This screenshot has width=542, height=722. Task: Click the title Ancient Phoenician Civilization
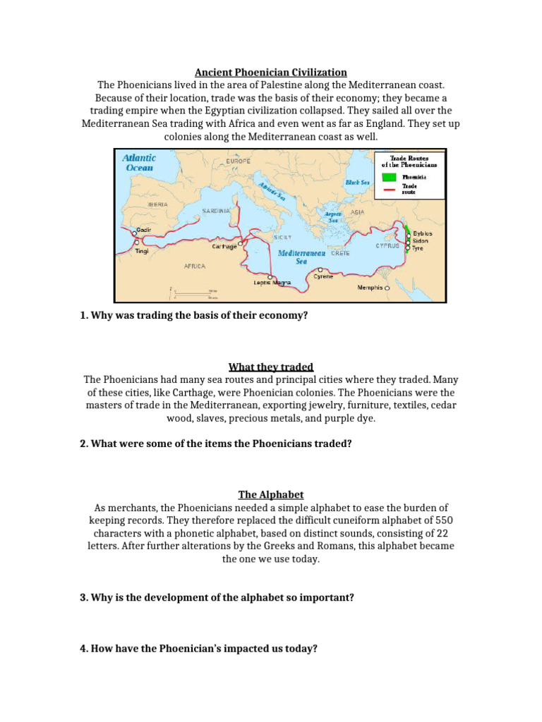[271, 72]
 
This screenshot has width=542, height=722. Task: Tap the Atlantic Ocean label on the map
[139, 163]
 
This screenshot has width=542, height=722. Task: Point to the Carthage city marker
[241, 244]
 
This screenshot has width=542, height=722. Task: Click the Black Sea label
[357, 182]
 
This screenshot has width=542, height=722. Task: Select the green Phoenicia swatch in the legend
[388, 178]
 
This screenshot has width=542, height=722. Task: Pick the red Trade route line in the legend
[388, 189]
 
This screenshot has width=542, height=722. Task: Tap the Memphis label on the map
[370, 288]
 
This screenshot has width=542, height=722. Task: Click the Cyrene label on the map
[323, 276]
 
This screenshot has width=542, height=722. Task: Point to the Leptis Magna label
[272, 283]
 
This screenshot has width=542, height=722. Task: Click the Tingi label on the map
[142, 251]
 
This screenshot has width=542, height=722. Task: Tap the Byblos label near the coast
[423, 233]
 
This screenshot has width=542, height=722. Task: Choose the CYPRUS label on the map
[387, 246]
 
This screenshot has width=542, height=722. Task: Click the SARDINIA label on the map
[216, 210]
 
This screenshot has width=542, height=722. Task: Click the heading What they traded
[271, 367]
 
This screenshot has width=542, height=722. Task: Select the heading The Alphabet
[271, 495]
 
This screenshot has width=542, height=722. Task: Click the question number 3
[85, 597]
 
